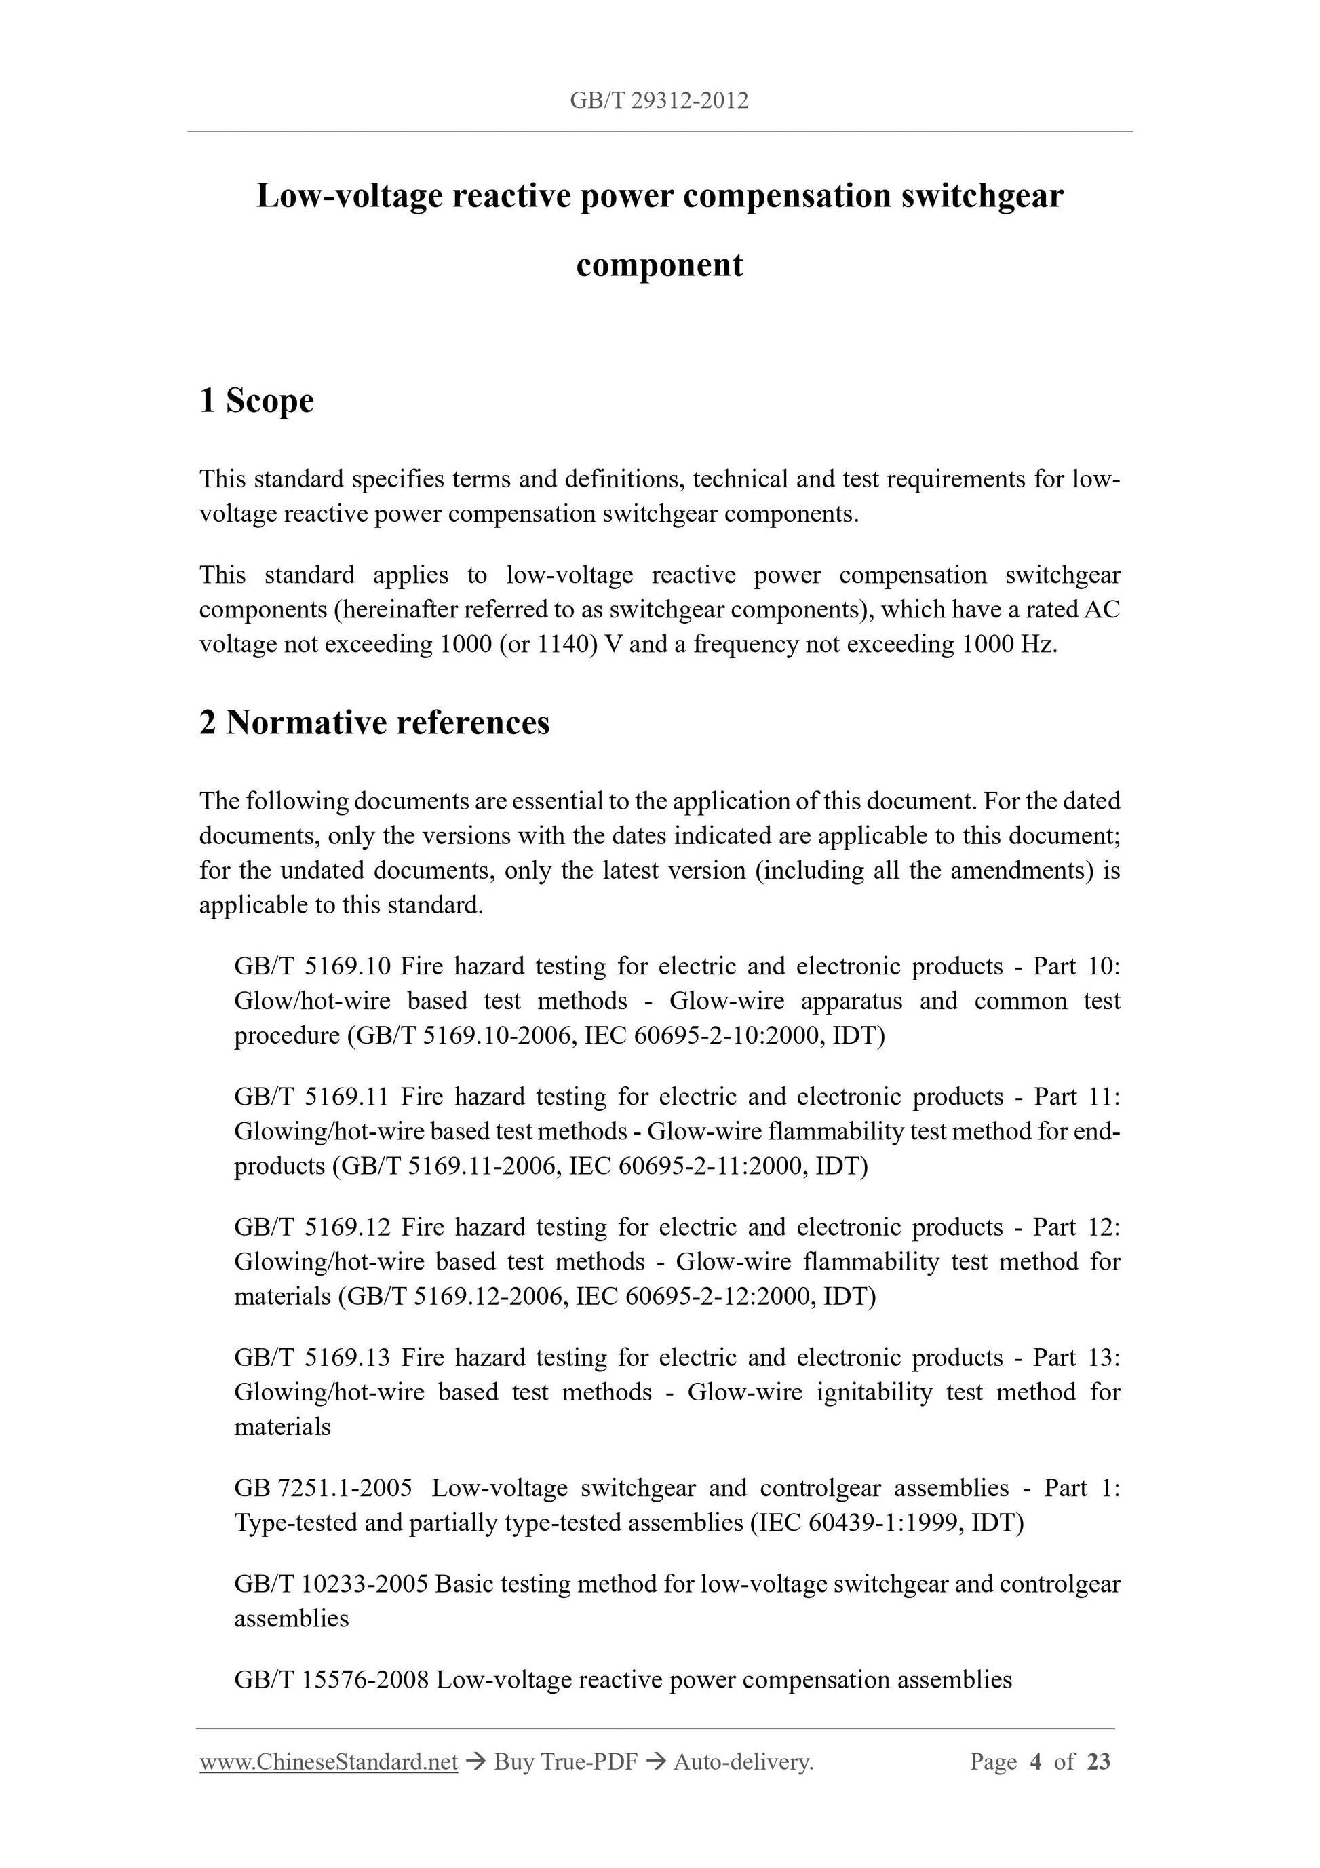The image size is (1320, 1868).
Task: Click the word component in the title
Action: [x=659, y=265]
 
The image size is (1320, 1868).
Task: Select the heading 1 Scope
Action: [x=256, y=400]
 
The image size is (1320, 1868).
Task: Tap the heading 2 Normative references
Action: [x=374, y=723]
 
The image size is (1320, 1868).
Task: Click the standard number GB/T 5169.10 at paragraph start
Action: [x=312, y=966]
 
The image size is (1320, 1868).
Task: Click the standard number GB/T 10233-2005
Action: [x=331, y=1584]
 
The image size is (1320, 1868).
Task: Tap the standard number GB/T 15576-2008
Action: [x=331, y=1680]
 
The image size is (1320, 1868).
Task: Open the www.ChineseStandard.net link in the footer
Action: [x=328, y=1762]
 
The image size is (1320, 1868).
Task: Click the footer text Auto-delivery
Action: [x=743, y=1762]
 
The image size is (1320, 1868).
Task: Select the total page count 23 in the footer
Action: [x=1099, y=1762]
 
